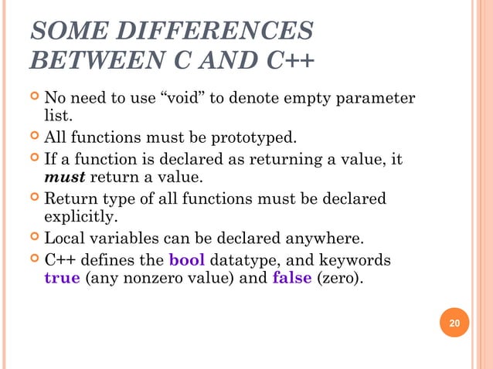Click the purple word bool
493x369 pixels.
click(x=186, y=259)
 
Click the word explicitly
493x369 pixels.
click(x=80, y=218)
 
